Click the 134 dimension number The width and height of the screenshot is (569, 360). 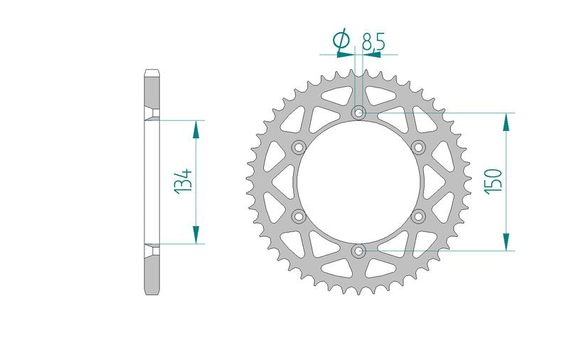pyautogui.click(x=184, y=182)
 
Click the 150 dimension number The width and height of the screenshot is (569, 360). pyautogui.click(x=494, y=181)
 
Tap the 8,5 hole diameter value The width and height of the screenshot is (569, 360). pyautogui.click(x=373, y=41)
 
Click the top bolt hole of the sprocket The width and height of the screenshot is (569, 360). pyautogui.click(x=359, y=112)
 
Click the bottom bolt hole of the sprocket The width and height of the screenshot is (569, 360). pyautogui.click(x=359, y=250)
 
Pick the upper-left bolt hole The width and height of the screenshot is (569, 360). pyautogui.click(x=299, y=147)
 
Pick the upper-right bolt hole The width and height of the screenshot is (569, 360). pyautogui.click(x=419, y=147)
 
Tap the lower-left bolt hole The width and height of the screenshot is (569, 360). pyautogui.click(x=299, y=216)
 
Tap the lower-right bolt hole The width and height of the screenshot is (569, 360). pyautogui.click(x=419, y=216)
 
